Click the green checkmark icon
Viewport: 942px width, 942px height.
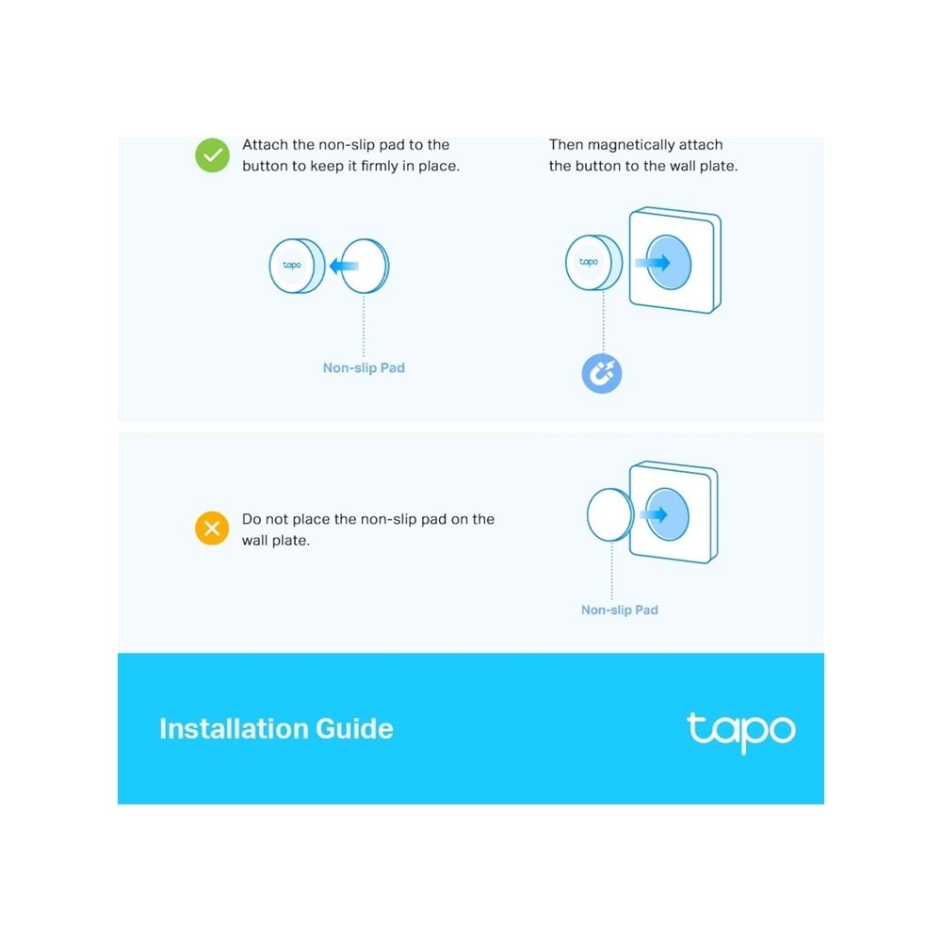pyautogui.click(x=212, y=155)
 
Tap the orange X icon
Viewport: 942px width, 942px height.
pyautogui.click(x=212, y=528)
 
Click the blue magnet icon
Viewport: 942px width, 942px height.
pyautogui.click(x=602, y=375)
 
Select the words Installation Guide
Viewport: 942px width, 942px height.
pyautogui.click(x=276, y=729)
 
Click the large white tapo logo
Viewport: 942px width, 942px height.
pyautogui.click(x=740, y=731)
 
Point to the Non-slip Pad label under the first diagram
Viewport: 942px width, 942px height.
pyautogui.click(x=364, y=368)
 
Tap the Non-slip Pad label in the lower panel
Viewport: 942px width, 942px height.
pyautogui.click(x=619, y=610)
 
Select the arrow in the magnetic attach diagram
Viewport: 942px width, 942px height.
pyautogui.click(x=652, y=263)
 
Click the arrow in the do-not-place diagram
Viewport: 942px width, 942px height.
pyautogui.click(x=652, y=514)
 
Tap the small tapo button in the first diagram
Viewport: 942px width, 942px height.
pyautogui.click(x=293, y=266)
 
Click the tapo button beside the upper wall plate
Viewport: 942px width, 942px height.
pyautogui.click(x=589, y=263)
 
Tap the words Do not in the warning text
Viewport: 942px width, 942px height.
pyautogui.click(x=264, y=519)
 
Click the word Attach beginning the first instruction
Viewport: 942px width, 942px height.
pyautogui.click(x=265, y=145)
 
